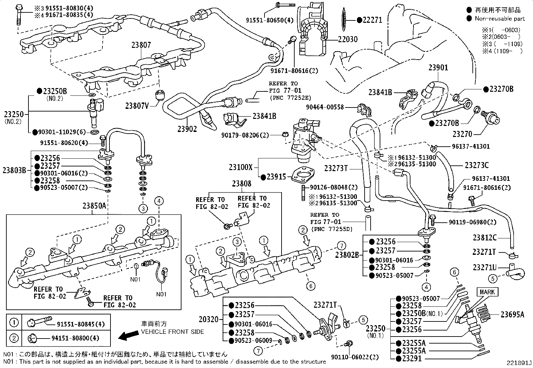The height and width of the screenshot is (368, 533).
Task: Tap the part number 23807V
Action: [x=138, y=106]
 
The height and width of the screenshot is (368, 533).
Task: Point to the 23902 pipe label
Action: [x=187, y=129]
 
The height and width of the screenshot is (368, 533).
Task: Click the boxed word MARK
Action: [x=487, y=292]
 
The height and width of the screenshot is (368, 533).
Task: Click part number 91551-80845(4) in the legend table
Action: [x=81, y=324]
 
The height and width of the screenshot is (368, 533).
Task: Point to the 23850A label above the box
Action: [x=94, y=206]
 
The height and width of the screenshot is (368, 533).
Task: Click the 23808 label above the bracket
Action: [x=242, y=183]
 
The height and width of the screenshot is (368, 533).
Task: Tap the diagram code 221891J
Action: [x=519, y=363]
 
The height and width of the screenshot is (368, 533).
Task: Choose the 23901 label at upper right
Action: [x=438, y=68]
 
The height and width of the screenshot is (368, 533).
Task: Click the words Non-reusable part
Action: [x=500, y=19]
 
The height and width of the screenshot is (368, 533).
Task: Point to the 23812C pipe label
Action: [x=484, y=237]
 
